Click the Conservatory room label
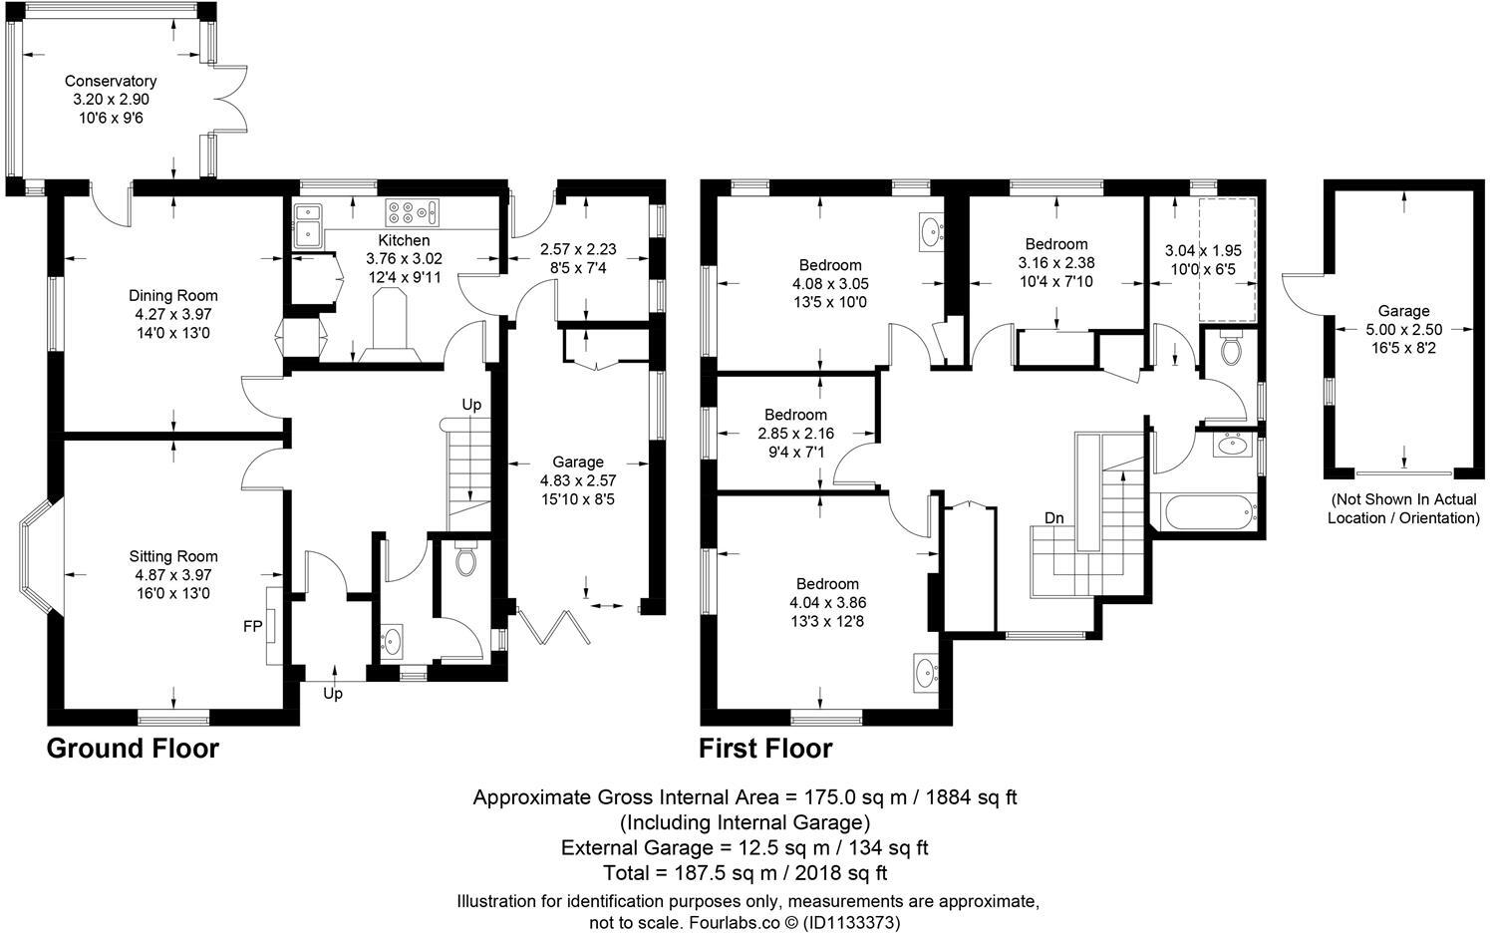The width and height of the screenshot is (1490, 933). click(x=111, y=81)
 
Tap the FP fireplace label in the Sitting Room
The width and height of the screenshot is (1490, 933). click(x=253, y=626)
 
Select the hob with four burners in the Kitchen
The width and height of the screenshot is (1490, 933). click(x=403, y=210)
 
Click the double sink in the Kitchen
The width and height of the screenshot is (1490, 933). click(x=308, y=224)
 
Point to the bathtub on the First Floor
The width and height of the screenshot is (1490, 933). click(x=1203, y=512)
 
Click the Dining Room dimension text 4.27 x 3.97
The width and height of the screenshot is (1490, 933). click(x=172, y=314)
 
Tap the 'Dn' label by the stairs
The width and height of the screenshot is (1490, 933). click(x=1055, y=517)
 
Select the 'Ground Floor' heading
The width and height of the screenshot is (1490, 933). click(x=133, y=749)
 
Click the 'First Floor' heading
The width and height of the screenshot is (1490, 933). click(x=765, y=749)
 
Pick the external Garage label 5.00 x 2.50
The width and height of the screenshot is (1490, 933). click(x=1403, y=330)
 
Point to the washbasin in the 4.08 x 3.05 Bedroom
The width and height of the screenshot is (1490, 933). click(x=931, y=231)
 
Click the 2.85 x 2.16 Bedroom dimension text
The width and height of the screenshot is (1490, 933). click(x=795, y=434)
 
